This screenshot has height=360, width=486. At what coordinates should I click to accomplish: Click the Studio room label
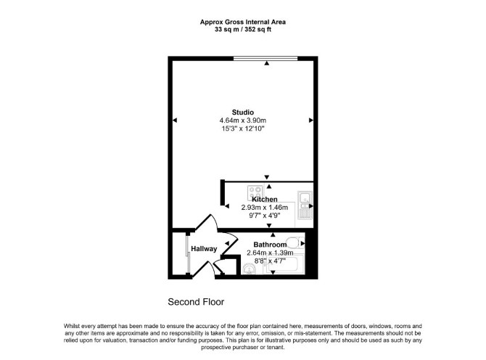point(243,112)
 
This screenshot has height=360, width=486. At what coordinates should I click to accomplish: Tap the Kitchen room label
point(264,200)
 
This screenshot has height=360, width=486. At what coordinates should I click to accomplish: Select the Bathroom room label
point(270,245)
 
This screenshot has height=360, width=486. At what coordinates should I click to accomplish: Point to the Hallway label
point(204,249)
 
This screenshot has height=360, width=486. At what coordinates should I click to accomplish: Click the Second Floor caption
point(196,302)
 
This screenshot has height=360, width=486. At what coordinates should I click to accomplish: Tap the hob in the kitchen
point(255,192)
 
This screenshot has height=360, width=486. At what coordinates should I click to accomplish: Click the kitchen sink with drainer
point(305,205)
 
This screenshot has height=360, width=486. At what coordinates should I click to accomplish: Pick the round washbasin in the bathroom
point(249,269)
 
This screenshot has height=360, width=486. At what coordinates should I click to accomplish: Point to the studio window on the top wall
point(265,58)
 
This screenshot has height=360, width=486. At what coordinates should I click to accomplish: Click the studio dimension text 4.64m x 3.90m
point(243,120)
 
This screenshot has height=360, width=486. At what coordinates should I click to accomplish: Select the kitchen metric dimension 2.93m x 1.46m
point(264,208)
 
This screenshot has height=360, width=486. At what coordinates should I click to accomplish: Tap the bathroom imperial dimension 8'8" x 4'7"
point(270,261)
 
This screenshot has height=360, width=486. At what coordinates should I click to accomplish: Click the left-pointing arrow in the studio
point(175,120)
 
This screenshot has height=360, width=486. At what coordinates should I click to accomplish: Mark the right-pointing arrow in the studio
point(311,120)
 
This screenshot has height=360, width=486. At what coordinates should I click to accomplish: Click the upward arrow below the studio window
point(266,63)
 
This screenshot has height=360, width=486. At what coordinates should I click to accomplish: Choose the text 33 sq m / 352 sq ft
point(243,30)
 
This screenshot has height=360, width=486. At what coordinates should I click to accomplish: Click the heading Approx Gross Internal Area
point(243,22)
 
